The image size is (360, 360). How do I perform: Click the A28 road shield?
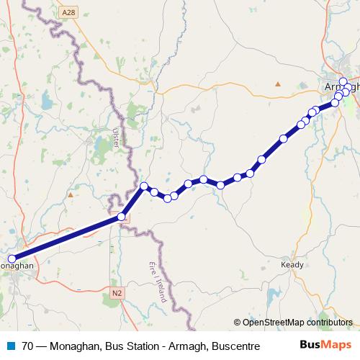(68, 12)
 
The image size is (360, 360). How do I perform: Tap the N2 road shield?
(117, 293)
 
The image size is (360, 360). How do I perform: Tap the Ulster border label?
(115, 139)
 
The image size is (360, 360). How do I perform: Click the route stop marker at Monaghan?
(12, 259)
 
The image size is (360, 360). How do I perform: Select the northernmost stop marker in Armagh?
(343, 81)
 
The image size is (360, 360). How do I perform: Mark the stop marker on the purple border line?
(122, 216)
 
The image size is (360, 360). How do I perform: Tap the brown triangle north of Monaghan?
(70, 194)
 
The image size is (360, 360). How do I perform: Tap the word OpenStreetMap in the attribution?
(276, 323)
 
